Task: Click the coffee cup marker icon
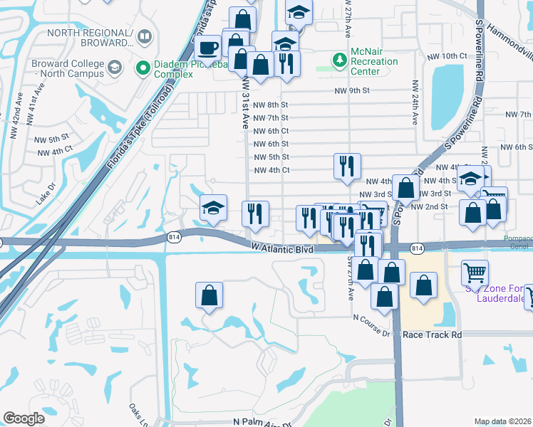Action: pos(207,48)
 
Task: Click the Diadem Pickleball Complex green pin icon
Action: pos(142,68)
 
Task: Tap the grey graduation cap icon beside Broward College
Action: pos(114,68)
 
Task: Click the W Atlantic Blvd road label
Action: pos(283,248)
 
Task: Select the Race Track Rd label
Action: pos(432,334)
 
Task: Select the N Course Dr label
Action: pos(371,332)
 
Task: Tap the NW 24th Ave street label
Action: pos(413,99)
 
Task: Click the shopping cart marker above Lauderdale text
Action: pos(475,272)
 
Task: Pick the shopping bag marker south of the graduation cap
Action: pos(209,296)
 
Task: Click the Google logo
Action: pos(24,418)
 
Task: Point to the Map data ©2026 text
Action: pos(502,421)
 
